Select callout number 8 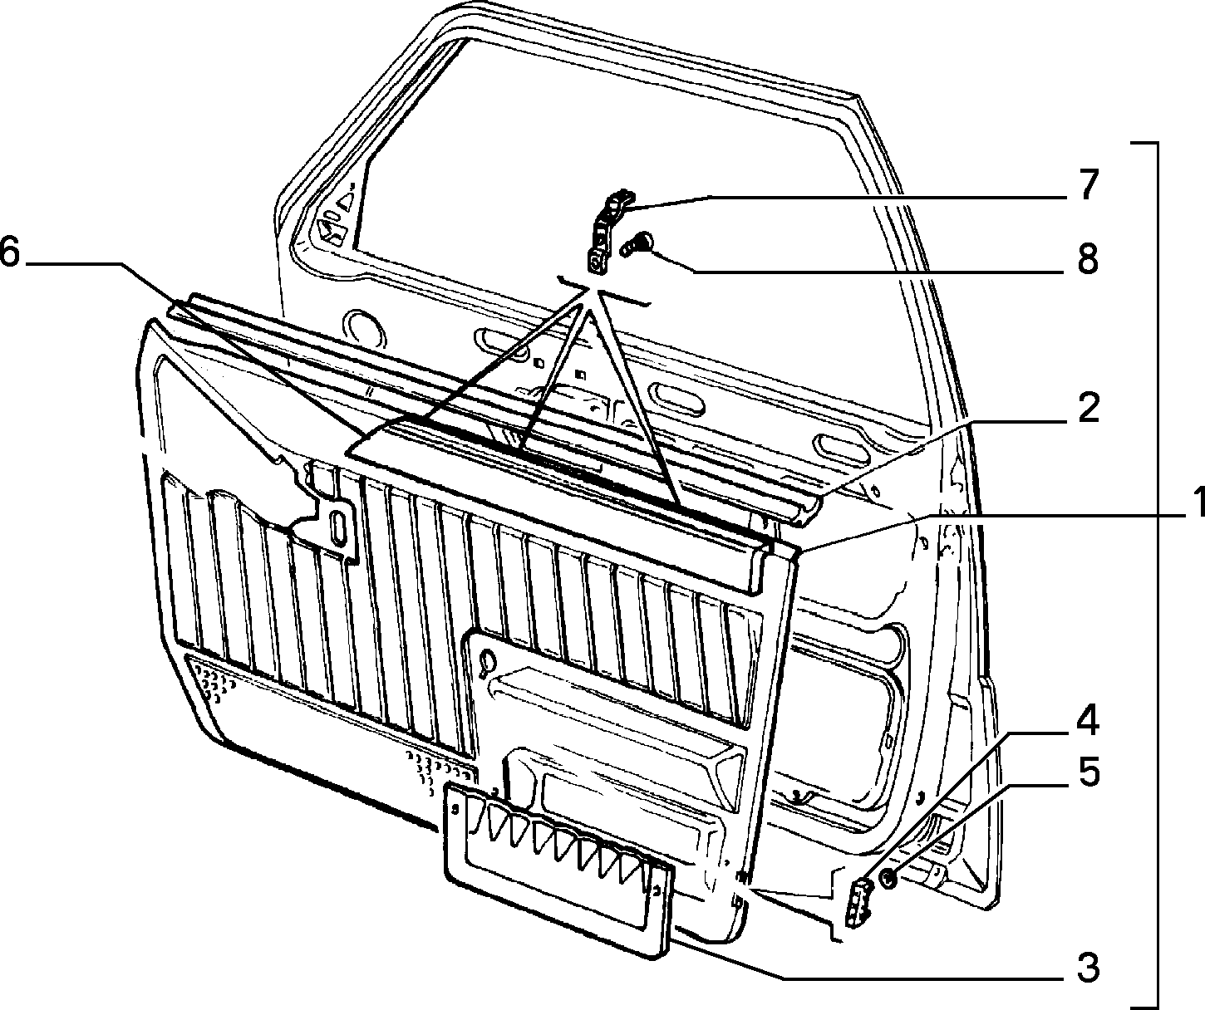pyautogui.click(x=1087, y=260)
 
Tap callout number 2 pyautogui.click(x=1087, y=409)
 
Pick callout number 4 pyautogui.click(x=1087, y=720)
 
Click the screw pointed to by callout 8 pyautogui.click(x=636, y=244)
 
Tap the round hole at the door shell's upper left pyautogui.click(x=364, y=330)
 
